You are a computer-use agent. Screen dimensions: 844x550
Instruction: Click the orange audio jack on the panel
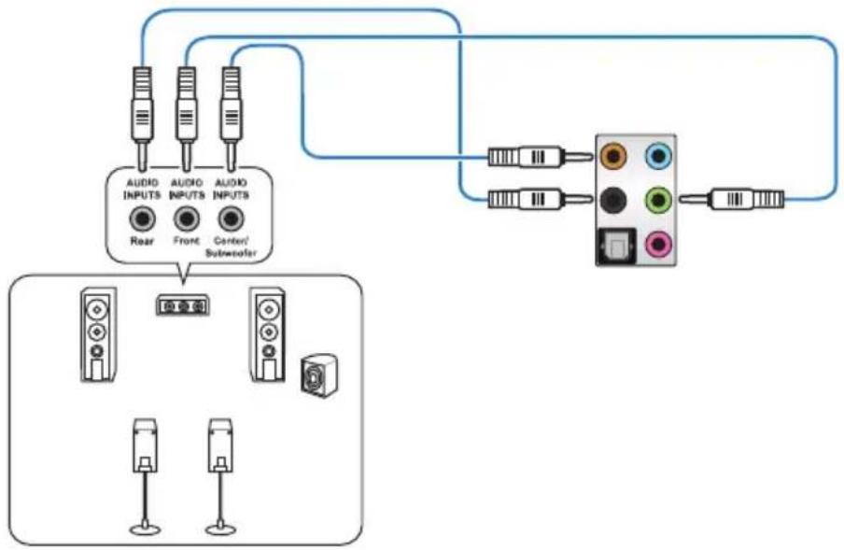(x=613, y=157)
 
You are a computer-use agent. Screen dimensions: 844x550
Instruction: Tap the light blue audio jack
(x=658, y=157)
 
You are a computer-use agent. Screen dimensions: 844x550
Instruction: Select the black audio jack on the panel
(x=613, y=200)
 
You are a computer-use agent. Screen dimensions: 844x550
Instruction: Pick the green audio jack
(x=658, y=200)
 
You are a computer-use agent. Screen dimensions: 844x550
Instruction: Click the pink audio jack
(x=658, y=246)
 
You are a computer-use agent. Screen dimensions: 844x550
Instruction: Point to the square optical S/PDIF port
(x=617, y=247)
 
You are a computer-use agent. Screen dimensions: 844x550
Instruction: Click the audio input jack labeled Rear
(x=143, y=219)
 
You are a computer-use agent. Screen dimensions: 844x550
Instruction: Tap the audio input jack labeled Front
(x=186, y=219)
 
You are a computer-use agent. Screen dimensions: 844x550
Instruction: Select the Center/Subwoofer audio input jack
(x=231, y=219)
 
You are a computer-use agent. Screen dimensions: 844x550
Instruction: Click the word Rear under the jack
(x=142, y=241)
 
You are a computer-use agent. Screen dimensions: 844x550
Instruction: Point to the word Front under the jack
(x=186, y=241)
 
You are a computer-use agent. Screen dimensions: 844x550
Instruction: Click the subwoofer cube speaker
(x=319, y=375)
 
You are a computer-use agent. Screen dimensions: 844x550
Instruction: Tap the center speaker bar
(x=183, y=306)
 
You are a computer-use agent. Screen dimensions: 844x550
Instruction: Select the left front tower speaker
(x=99, y=334)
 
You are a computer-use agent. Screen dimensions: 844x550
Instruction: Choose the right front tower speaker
(x=268, y=334)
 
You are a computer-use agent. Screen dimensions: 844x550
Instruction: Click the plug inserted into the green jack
(x=732, y=200)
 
